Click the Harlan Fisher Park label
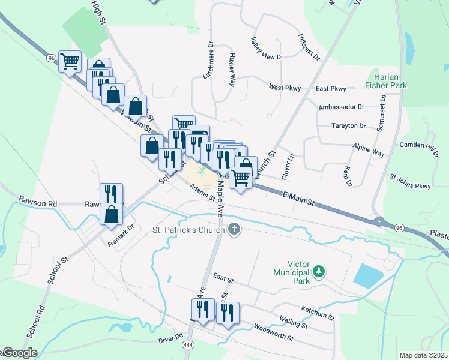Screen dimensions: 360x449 [x=386, y=81]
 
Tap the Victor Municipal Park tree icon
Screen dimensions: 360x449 [x=319, y=272]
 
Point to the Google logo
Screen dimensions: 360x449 [x=19, y=353]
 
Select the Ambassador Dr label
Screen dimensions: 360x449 [x=342, y=107]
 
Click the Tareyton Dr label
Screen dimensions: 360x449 [x=349, y=126]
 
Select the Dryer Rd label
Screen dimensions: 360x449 [x=170, y=337]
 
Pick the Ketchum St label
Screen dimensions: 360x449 [x=317, y=311]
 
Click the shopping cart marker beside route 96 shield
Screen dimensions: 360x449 [x=70, y=61]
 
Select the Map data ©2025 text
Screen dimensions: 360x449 [x=424, y=355]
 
